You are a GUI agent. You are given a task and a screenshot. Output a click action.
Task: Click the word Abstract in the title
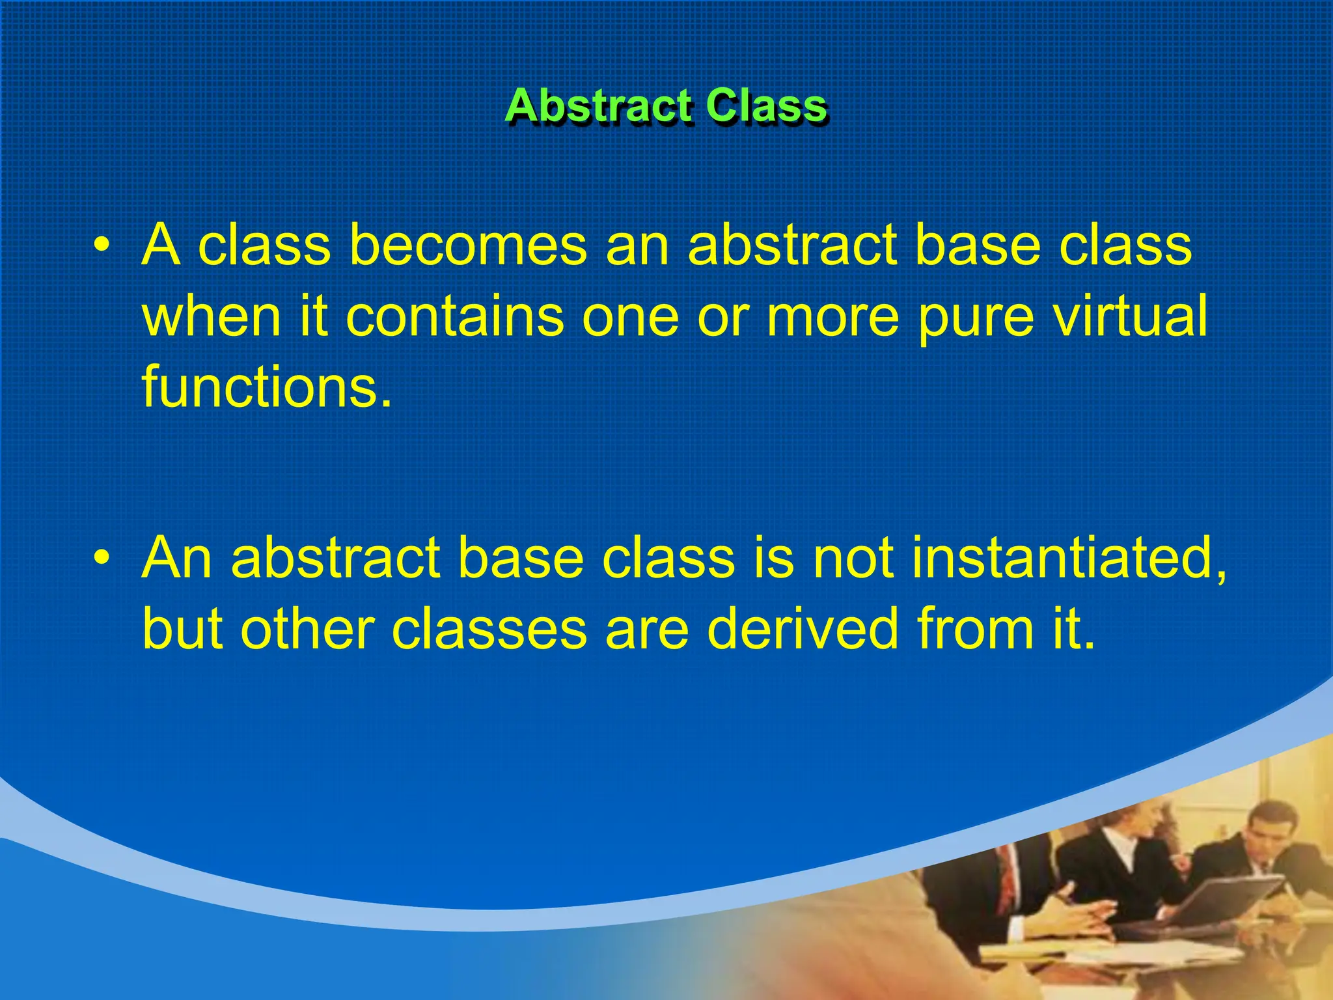(597, 105)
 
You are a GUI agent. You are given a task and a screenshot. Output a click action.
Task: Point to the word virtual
(1129, 316)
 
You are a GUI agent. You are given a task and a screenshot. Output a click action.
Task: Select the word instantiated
(1067, 559)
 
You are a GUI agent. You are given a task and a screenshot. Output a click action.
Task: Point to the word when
(212, 316)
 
